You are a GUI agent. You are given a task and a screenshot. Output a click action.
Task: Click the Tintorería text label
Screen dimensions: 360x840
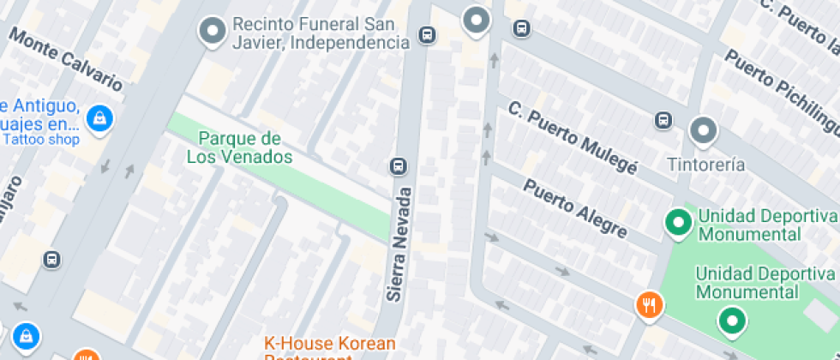[x=706, y=165]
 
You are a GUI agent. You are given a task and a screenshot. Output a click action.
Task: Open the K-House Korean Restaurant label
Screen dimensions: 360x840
[x=330, y=345]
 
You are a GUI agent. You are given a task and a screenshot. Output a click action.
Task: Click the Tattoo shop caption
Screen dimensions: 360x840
[x=40, y=140]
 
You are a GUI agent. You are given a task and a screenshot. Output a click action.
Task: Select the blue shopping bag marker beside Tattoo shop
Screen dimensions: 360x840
[x=100, y=118]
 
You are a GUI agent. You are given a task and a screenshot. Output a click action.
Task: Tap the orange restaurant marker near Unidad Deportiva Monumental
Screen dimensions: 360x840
[x=650, y=303]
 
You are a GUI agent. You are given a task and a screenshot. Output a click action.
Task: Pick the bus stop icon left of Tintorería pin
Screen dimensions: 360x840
[x=663, y=120]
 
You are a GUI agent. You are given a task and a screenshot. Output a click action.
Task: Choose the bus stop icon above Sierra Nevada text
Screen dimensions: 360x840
[x=398, y=165]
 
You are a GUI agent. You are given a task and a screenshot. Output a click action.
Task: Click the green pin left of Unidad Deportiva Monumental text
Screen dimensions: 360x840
[x=679, y=223]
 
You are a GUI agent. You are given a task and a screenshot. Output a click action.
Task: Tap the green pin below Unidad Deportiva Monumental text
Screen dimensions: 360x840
[x=731, y=321]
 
